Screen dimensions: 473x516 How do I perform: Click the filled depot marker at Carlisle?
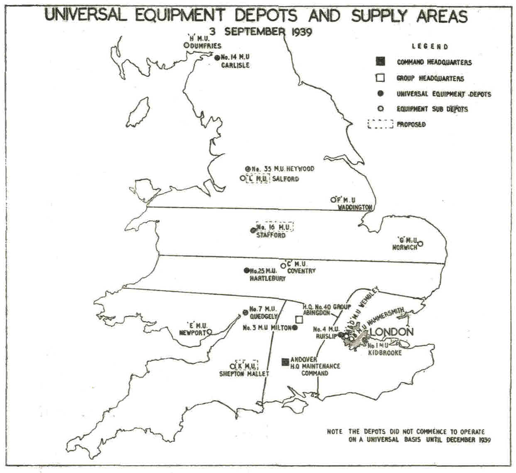[217, 58]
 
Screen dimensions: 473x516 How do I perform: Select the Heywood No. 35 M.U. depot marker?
[248, 169]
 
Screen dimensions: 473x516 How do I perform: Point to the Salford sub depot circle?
[242, 178]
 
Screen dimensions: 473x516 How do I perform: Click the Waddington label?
[355, 207]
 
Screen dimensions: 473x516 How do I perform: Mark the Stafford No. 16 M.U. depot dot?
[253, 230]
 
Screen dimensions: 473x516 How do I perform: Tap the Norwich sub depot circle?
[420, 244]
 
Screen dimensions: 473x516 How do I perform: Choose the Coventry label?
[301, 271]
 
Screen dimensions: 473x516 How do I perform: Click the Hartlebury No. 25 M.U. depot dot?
[246, 270]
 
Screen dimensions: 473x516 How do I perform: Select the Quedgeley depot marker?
[245, 313]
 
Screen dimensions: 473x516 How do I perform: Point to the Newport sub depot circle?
[209, 332]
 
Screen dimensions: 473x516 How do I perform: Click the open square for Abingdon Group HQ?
[299, 319]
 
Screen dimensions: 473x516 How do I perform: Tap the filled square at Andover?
[285, 362]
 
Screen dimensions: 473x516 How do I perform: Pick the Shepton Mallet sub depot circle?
[232, 366]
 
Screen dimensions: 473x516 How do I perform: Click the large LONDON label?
[391, 332]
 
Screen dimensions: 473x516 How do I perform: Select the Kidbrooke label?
[385, 352]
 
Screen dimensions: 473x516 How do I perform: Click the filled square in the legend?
[380, 62]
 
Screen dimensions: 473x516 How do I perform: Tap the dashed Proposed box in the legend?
[380, 124]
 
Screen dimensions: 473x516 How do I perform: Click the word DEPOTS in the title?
[266, 16]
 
